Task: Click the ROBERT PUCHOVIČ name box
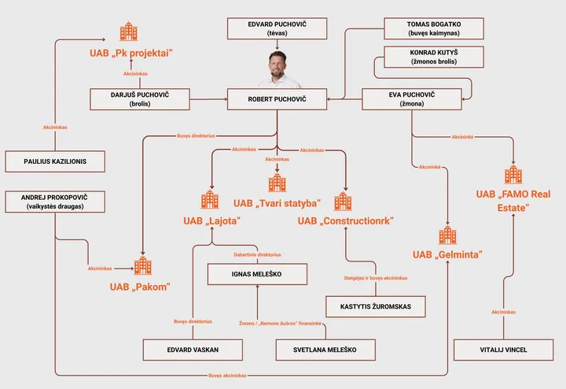(x=277, y=99)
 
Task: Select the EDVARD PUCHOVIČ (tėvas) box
(x=276, y=29)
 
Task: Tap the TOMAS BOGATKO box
(x=435, y=29)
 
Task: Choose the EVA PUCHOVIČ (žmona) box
(x=410, y=99)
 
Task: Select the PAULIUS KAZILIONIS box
(x=56, y=161)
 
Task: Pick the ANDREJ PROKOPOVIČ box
(x=56, y=202)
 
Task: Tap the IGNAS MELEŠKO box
(x=257, y=274)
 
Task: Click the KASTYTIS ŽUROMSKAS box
(x=375, y=306)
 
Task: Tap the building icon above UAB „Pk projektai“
(x=128, y=32)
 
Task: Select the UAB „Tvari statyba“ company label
(x=277, y=202)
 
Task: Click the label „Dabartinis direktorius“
(x=256, y=254)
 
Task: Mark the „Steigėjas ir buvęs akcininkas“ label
(x=375, y=278)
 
